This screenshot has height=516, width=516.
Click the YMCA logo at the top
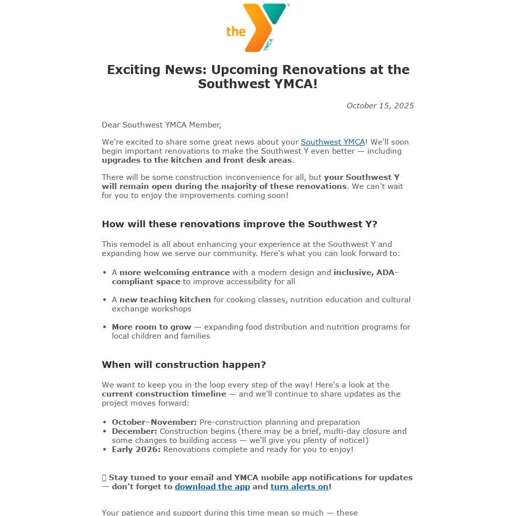pos(258,27)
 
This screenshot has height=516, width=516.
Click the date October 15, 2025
pos(380,106)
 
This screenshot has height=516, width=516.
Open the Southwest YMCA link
pos(333,142)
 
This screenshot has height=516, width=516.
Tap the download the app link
pos(212,487)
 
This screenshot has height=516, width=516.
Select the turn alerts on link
pos(299,487)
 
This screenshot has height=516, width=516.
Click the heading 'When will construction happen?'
pos(184,364)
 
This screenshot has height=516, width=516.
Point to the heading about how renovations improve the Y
pos(239,224)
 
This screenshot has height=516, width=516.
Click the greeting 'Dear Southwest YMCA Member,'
pos(161,125)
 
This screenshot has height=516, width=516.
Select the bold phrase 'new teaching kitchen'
pos(165,300)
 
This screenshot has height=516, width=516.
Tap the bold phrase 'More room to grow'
pos(152,327)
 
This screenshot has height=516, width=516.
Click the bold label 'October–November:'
pos(154,422)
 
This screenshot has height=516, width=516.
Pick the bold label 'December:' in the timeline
pos(135,431)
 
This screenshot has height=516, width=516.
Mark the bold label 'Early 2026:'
pos(136,449)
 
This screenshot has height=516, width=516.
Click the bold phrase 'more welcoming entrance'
pos(174,273)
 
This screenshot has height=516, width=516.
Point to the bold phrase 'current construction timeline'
pos(164,394)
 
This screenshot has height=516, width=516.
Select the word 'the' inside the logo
pos(235,32)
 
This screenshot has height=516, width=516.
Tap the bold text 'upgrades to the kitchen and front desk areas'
pos(197,160)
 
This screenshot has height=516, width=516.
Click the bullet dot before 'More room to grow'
pos(105,327)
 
